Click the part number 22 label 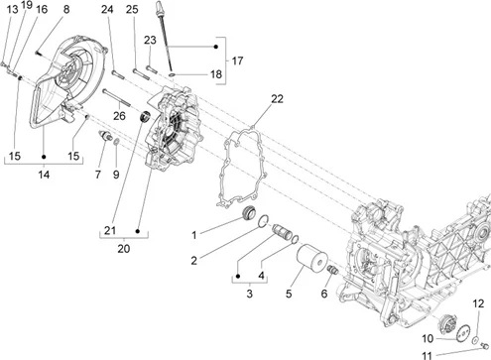pyautogui.click(x=278, y=98)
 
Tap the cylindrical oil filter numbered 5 pyautogui.click(x=311, y=259)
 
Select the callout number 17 pyautogui.click(x=237, y=60)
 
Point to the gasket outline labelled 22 pyautogui.click(x=242, y=168)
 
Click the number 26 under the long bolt pyautogui.click(x=119, y=116)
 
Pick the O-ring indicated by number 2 pyautogui.click(x=263, y=221)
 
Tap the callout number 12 pyautogui.click(x=478, y=303)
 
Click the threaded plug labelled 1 pyautogui.click(x=248, y=212)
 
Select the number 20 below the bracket pyautogui.click(x=124, y=249)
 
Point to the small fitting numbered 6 pyautogui.click(x=332, y=270)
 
